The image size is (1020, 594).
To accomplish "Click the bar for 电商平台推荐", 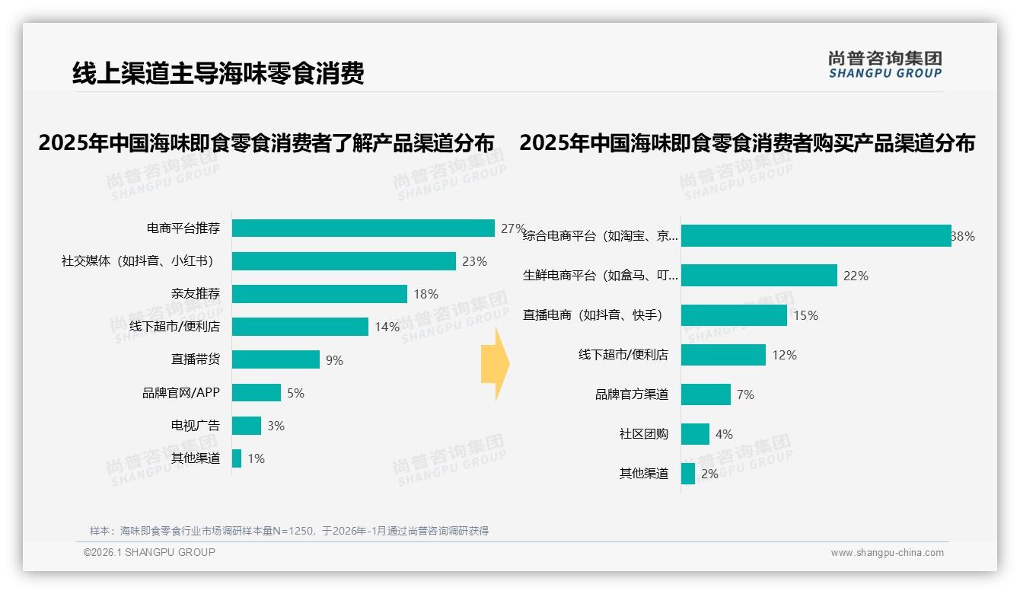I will (363, 228).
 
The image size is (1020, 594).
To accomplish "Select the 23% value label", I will (474, 261).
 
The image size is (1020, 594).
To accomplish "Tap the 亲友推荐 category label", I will (196, 294).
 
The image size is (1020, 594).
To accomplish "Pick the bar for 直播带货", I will (276, 359).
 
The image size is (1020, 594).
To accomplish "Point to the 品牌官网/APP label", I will (181, 393).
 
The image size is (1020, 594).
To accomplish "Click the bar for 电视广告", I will (247, 426).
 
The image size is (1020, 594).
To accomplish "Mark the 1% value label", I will (256, 458).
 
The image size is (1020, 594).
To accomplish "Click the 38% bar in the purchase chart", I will (816, 236).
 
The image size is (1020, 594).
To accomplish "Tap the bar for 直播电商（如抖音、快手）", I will (734, 315).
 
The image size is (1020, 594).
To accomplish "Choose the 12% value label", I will (784, 355).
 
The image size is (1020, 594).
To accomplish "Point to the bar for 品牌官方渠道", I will (706, 394).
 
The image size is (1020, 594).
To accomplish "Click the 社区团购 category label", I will (644, 434).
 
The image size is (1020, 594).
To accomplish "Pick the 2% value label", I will (709, 474).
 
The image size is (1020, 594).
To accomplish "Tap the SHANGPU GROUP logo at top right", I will (885, 65).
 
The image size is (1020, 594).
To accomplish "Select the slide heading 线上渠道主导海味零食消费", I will (218, 73).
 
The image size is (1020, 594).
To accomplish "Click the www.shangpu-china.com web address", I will (887, 553).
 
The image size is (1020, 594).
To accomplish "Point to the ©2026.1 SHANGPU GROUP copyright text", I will (149, 552).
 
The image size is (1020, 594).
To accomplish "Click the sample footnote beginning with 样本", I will (289, 531).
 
